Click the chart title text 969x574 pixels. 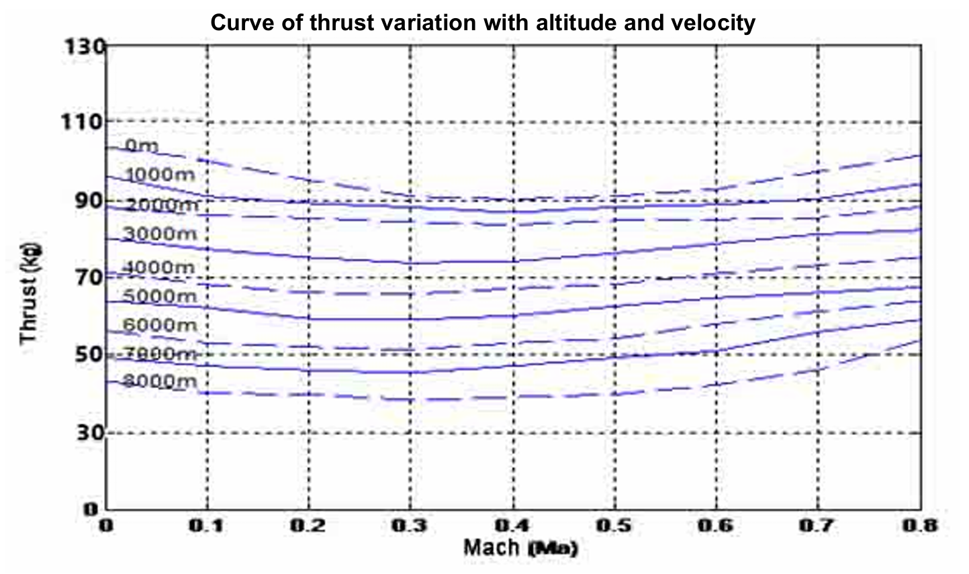(x=483, y=23)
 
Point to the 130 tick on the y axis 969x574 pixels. (x=83, y=47)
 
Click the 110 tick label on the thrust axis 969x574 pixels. (x=83, y=122)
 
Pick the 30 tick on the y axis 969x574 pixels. (x=88, y=432)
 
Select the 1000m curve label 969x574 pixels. (x=159, y=175)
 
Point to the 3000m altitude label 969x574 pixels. (x=159, y=234)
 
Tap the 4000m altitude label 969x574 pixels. (x=159, y=267)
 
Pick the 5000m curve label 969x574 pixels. (x=159, y=295)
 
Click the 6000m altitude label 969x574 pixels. (x=159, y=325)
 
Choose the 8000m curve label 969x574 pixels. (x=159, y=381)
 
